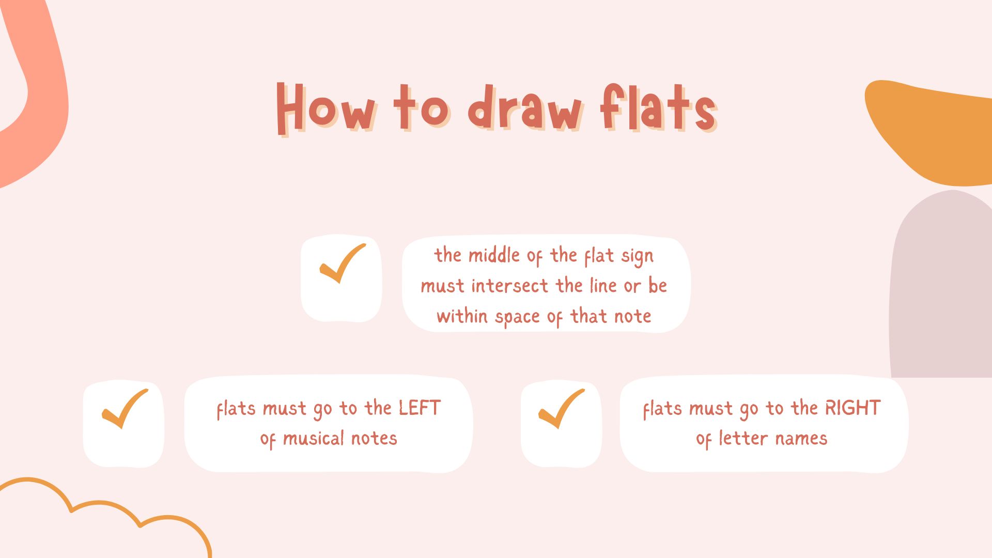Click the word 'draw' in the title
coord(525,107)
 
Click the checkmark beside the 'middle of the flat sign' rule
coord(343,263)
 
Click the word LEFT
coord(420,408)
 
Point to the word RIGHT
coord(853,408)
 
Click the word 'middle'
coord(494,255)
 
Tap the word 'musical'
coord(314,439)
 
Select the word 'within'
coord(462,316)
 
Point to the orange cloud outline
coord(103,503)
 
